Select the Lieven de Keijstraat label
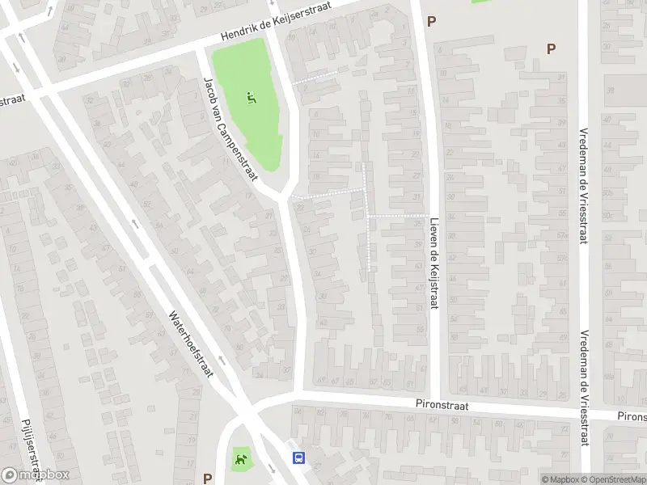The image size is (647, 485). tap(434, 253)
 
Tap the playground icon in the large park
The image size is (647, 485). tap(252, 99)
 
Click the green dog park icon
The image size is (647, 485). tap(240, 460)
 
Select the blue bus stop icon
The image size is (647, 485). tap(298, 458)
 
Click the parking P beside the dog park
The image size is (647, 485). tap(208, 478)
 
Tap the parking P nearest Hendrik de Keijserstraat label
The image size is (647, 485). tap(431, 22)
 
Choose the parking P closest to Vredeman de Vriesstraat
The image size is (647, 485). tap(551, 48)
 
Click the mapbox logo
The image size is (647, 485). tap(35, 476)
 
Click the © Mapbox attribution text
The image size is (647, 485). tap(561, 479)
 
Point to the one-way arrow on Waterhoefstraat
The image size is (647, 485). tap(134, 224)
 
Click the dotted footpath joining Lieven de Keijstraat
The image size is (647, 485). tap(398, 216)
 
